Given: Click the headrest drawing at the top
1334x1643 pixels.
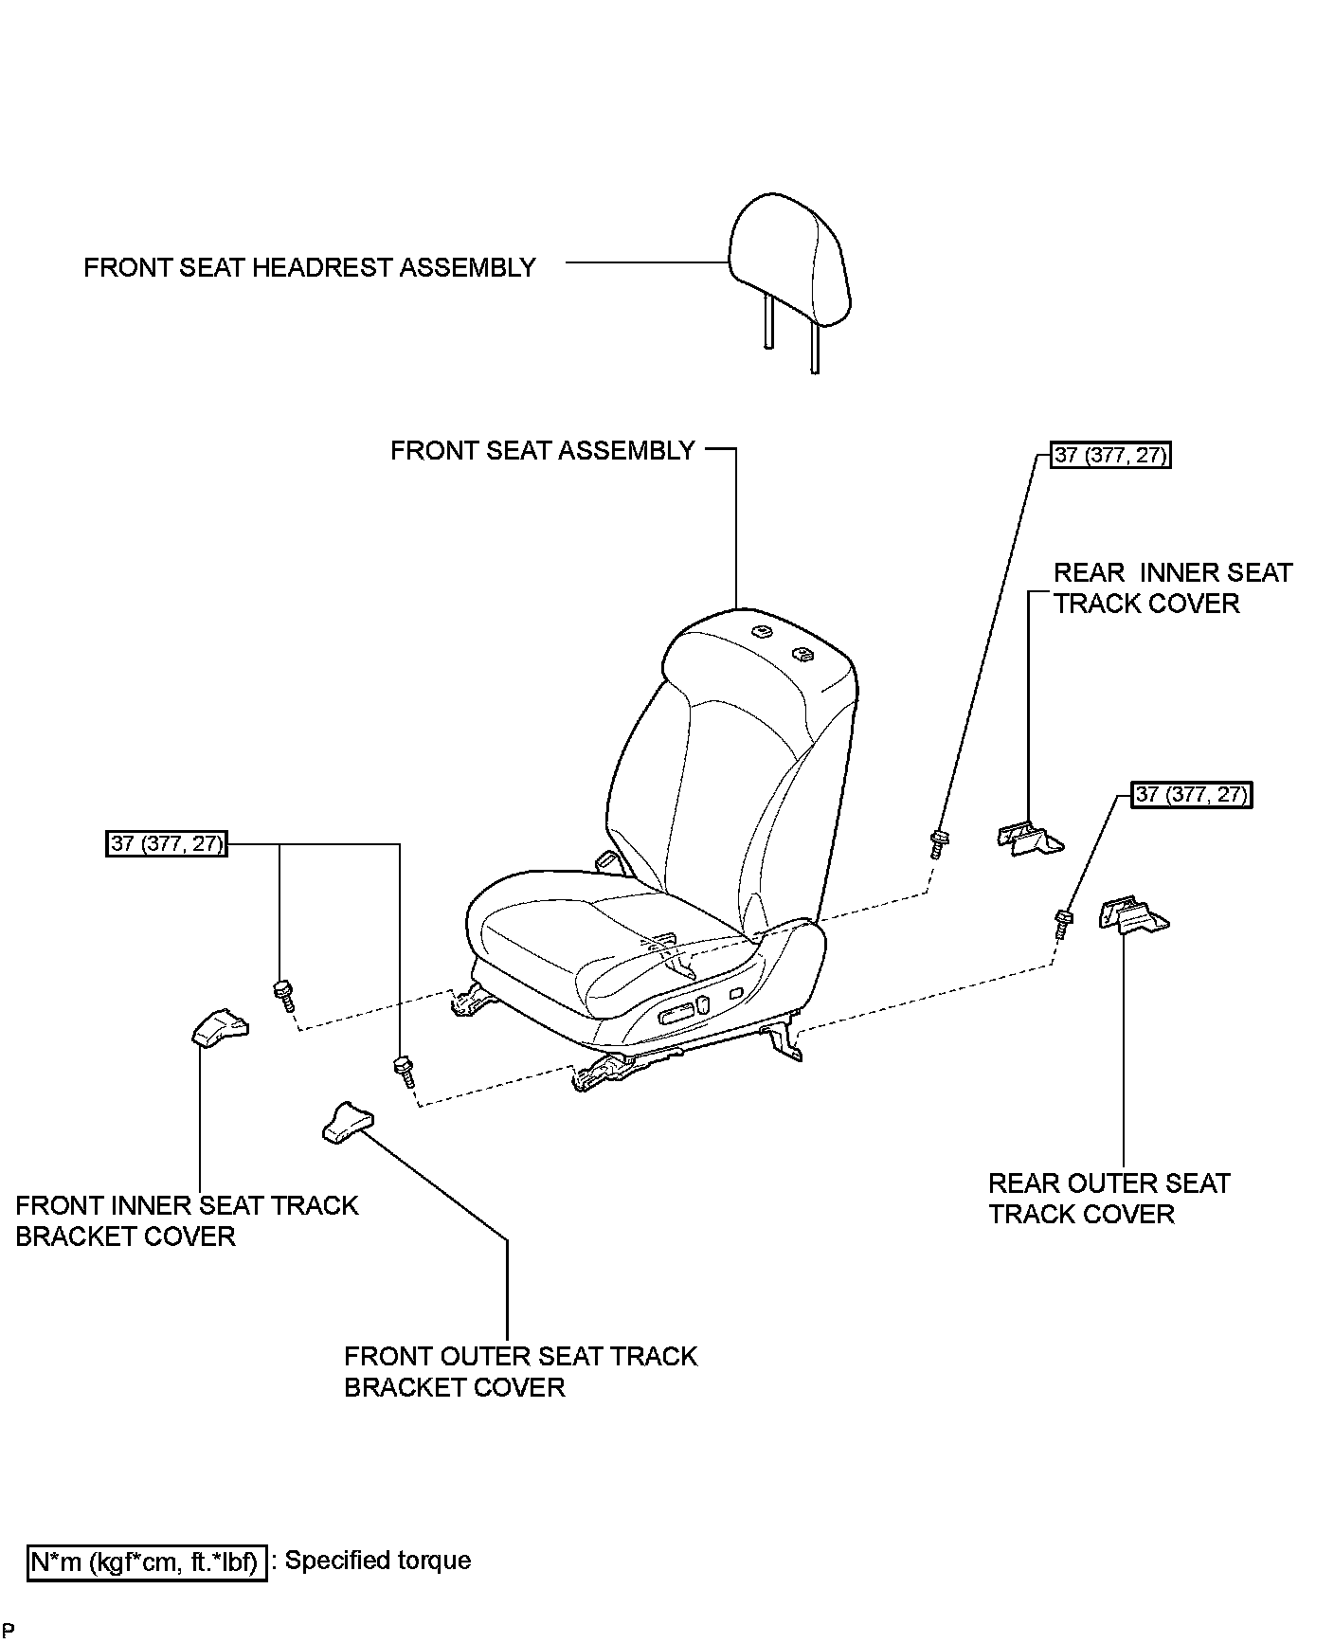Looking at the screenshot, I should [788, 261].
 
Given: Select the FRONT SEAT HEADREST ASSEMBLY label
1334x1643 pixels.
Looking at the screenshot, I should [310, 268].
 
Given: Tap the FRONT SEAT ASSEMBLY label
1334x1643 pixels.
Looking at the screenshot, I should [543, 451].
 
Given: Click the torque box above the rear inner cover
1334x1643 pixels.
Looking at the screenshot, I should [1111, 456].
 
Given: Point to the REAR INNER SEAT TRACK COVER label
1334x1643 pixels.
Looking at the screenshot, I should [1172, 588].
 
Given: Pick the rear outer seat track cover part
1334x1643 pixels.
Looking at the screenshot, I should [1133, 916].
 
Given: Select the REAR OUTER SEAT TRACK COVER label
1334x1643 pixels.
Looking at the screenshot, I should [1109, 1199].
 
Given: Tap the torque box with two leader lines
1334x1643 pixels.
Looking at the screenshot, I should [167, 843].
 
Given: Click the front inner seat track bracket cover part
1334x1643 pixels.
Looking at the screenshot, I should [220, 1027].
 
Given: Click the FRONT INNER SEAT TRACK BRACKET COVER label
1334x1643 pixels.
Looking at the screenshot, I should [187, 1221].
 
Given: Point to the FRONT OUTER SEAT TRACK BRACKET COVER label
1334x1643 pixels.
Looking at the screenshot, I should [520, 1371].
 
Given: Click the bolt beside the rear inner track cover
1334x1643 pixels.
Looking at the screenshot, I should [939, 842].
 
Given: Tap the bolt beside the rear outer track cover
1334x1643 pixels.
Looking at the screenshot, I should [1063, 923].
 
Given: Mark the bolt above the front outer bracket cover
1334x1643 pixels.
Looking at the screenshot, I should [403, 1072].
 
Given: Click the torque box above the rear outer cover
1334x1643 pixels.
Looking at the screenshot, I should [1192, 795].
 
